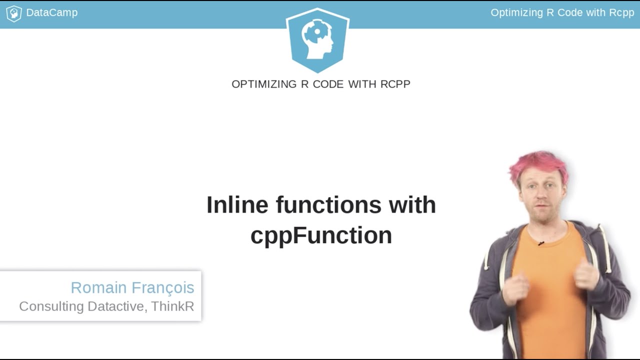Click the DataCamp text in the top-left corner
[x=51, y=12]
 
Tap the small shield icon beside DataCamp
[x=13, y=13]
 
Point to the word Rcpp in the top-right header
[x=621, y=12]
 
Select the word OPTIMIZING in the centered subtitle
[x=264, y=84]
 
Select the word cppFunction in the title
[x=321, y=235]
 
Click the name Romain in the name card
[x=99, y=287]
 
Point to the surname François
[x=163, y=287]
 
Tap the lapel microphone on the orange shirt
[x=541, y=243]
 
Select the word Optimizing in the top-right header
[x=515, y=12]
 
